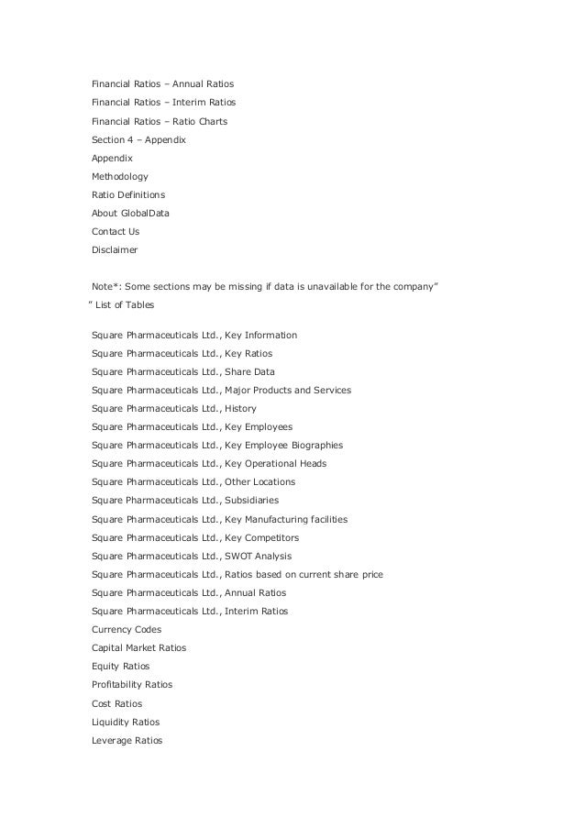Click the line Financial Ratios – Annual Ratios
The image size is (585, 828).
point(169,84)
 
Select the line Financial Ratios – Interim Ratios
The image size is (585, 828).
point(170,103)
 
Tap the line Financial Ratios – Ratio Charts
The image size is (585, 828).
point(160,121)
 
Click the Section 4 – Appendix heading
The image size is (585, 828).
point(138,139)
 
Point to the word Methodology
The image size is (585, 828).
point(119,176)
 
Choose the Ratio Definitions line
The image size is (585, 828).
point(128,194)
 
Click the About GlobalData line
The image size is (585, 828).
point(130,213)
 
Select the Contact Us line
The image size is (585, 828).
point(116,231)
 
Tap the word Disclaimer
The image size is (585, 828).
point(115,249)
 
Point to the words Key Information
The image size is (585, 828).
point(260,335)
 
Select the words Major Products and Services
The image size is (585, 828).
point(287,390)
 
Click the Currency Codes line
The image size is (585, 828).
point(127,629)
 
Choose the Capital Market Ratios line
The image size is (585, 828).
point(138,647)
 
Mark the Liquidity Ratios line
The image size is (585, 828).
point(126,722)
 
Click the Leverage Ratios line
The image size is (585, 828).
point(127,740)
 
